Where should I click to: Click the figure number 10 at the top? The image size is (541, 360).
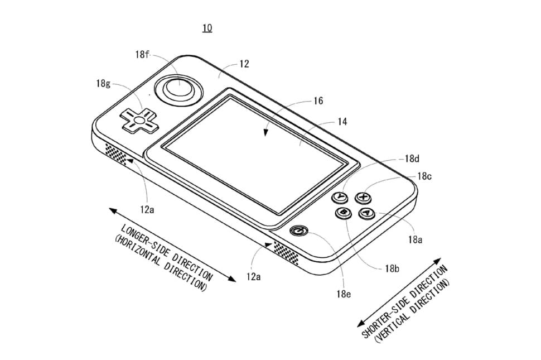207,28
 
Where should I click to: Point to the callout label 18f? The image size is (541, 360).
142,55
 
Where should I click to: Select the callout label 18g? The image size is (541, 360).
103,84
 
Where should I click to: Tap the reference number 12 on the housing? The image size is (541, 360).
244,64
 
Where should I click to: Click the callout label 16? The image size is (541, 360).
318,101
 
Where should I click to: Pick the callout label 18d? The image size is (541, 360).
412,159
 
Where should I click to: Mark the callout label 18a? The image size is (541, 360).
414,240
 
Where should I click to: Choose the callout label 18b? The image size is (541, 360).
392,268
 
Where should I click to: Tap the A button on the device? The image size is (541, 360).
365,213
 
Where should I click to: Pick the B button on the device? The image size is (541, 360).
342,212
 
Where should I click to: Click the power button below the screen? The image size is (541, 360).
299,231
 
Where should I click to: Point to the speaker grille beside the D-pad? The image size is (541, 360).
118,153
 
